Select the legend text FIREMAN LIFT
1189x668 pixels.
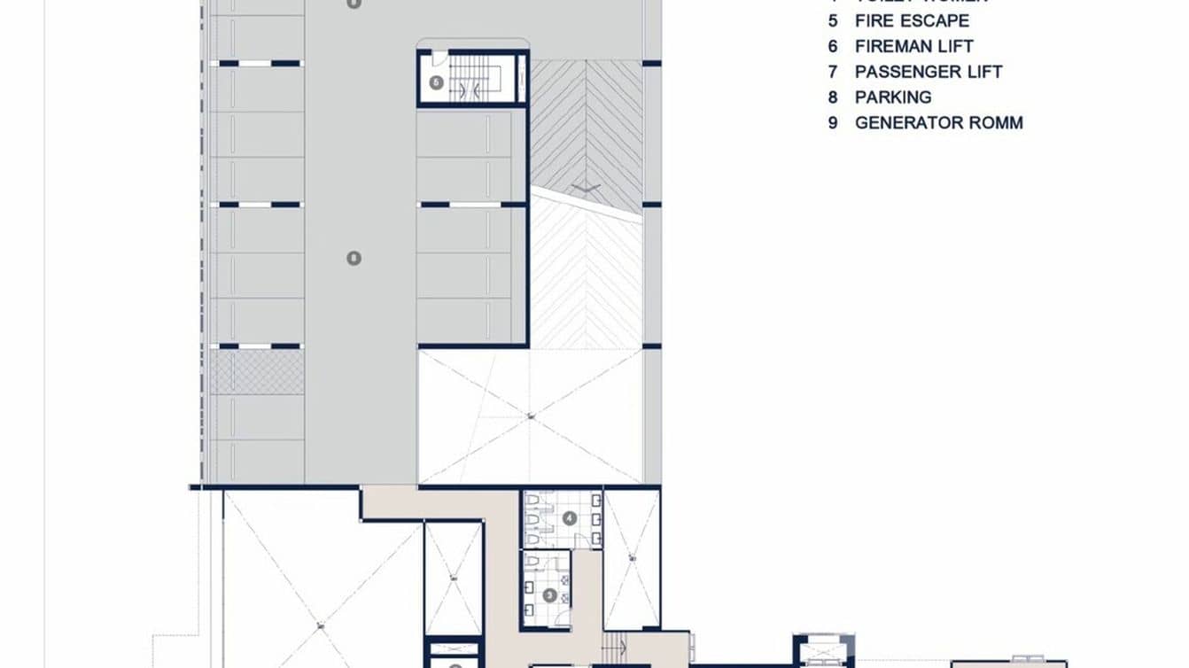click(913, 46)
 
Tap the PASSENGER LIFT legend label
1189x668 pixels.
click(928, 72)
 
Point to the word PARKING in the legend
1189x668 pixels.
click(892, 97)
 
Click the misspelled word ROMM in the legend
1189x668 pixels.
click(996, 123)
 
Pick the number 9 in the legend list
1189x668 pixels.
click(833, 123)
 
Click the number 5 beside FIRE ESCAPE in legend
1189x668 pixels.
click(833, 20)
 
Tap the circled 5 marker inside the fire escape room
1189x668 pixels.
click(436, 82)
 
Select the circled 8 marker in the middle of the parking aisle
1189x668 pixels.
click(354, 258)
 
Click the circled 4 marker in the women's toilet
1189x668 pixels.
click(569, 517)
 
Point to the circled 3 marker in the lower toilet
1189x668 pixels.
click(549, 595)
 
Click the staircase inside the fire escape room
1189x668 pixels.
click(470, 81)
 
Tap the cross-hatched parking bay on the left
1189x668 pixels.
click(257, 372)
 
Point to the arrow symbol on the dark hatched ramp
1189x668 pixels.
click(586, 186)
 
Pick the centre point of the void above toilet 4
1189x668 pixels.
click(530, 416)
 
